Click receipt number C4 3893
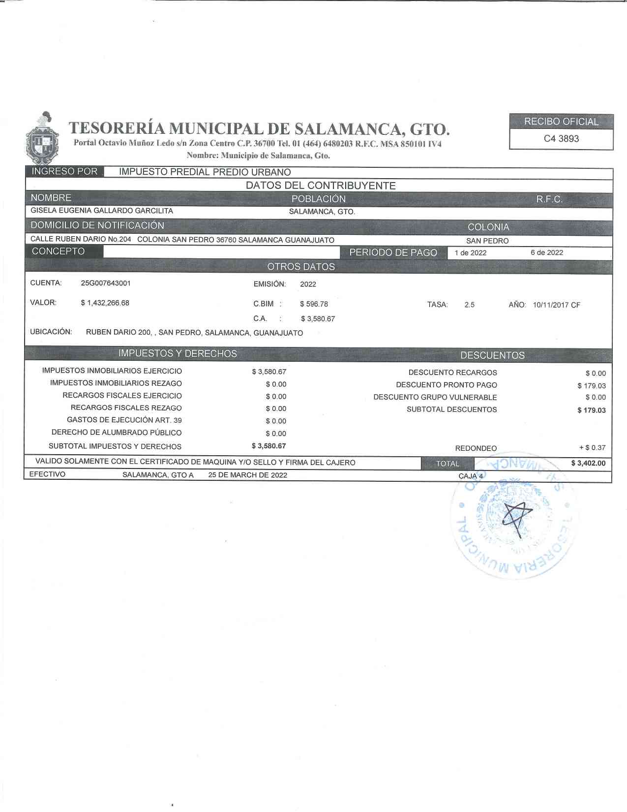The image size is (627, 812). pos(561,139)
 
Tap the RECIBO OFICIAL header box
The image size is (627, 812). pos(561,122)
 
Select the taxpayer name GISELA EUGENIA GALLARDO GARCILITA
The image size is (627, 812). pos(102,211)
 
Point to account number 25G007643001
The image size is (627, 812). pos(106,283)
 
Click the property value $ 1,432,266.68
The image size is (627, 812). pos(105,303)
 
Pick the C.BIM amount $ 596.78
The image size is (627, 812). pos(314,304)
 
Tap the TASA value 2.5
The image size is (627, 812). pos(469,305)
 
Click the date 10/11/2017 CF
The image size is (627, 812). pos(556,305)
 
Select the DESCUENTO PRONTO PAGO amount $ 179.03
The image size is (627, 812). pos(592,386)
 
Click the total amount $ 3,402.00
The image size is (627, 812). pos(588,463)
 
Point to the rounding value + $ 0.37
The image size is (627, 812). pos(592,448)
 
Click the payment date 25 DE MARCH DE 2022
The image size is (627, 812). pos(248,475)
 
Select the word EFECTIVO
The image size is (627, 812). pos(47,474)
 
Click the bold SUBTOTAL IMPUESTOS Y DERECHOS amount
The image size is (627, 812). pos(269,446)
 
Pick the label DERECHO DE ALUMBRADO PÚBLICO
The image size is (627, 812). pos(117,433)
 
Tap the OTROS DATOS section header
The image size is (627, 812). pos(301,267)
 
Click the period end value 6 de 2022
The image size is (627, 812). pos(547,252)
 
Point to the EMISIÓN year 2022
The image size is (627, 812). pos(308,284)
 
